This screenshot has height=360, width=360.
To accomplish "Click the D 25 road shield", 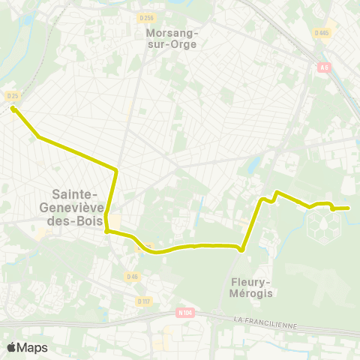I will (12, 96).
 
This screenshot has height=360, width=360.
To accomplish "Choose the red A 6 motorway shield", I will (324, 67).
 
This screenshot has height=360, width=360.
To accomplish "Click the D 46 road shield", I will (132, 277).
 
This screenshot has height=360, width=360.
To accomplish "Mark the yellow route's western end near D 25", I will (13, 109).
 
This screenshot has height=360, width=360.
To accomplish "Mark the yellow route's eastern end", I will (349, 208).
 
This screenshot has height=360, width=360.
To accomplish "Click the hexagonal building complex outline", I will (323, 225).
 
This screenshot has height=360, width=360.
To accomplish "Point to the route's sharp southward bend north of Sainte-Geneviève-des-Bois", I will (116, 170).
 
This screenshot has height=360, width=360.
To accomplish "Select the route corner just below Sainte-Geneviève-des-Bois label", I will (107, 232).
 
